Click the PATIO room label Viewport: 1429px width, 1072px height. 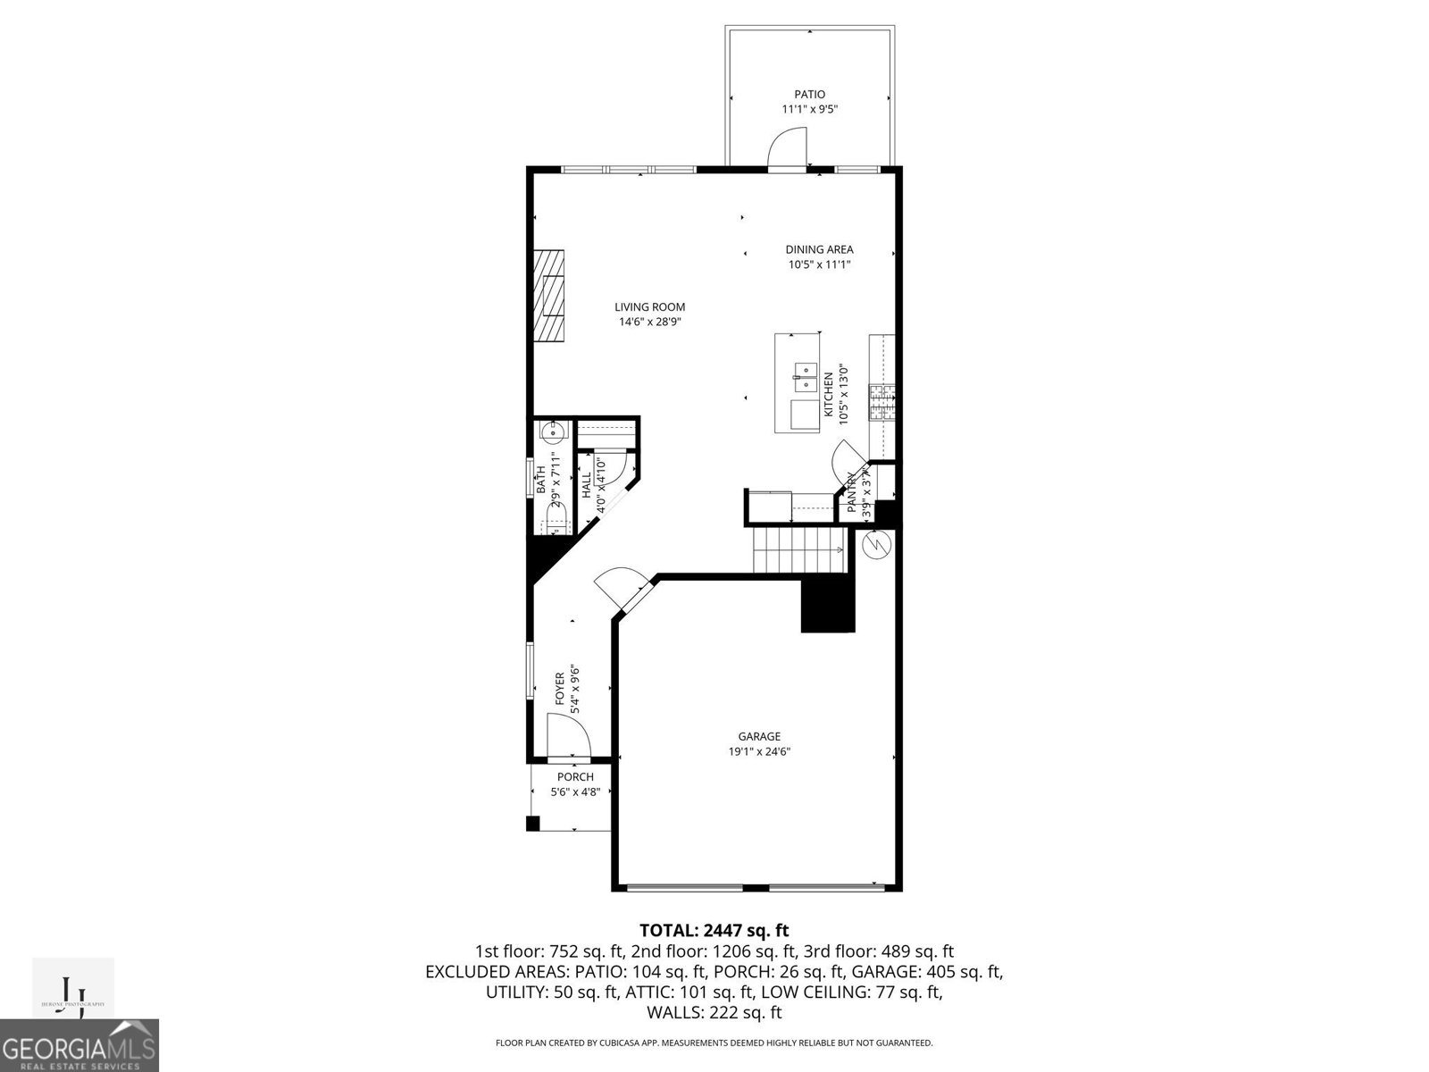(809, 94)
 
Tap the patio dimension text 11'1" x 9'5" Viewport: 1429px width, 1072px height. (809, 109)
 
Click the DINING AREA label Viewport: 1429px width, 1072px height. (819, 249)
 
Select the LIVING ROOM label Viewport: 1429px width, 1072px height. (649, 306)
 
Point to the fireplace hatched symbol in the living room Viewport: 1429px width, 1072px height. (550, 295)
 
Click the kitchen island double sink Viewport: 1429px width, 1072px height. (806, 376)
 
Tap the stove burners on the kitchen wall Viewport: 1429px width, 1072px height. (884, 403)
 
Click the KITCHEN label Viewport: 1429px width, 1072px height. (828, 395)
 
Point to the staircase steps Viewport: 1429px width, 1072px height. (797, 549)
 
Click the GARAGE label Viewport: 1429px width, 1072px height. (758, 736)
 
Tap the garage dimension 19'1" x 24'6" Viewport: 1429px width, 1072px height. (758, 751)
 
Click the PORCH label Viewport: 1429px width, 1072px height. (575, 776)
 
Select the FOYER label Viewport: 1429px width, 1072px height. (561, 689)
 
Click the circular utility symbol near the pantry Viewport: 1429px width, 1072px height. (876, 544)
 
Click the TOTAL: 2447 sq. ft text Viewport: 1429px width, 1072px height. (714, 930)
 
